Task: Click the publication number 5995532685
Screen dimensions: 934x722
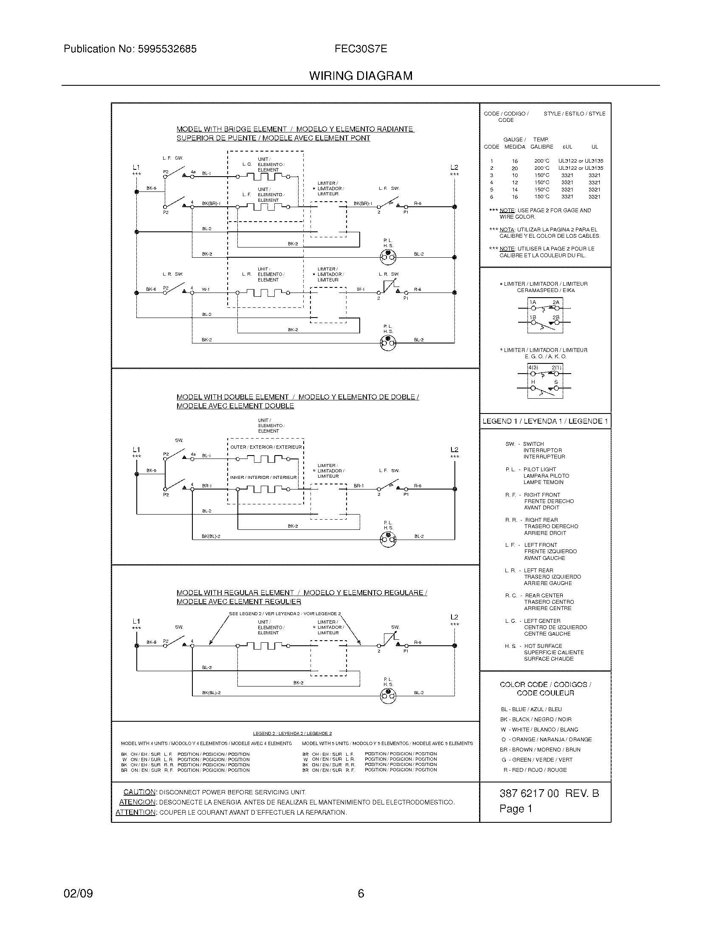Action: (167, 49)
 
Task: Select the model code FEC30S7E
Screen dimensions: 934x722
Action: (361, 49)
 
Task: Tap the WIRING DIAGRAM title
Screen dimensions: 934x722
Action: (361, 76)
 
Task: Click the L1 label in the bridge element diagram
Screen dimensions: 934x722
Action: (136, 167)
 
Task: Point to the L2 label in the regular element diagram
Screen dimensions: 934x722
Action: (454, 617)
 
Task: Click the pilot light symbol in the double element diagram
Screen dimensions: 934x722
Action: (388, 540)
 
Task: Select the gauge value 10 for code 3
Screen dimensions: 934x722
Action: (515, 175)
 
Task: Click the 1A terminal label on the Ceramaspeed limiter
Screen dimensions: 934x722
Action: (533, 302)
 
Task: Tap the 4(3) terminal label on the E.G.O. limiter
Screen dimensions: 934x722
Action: (533, 368)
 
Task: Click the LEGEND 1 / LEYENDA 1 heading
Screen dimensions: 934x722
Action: (545, 421)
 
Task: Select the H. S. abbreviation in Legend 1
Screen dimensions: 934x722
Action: (510, 646)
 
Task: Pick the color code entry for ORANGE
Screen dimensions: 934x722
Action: (546, 740)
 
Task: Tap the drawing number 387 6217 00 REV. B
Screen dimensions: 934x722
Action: (549, 794)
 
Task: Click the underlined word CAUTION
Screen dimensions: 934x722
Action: (139, 792)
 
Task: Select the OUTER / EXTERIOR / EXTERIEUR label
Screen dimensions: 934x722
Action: (265, 447)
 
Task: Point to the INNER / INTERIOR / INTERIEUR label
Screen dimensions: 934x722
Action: (263, 478)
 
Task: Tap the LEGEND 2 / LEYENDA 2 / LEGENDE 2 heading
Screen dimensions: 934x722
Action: (292, 734)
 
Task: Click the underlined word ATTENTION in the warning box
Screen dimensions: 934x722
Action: (135, 813)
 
